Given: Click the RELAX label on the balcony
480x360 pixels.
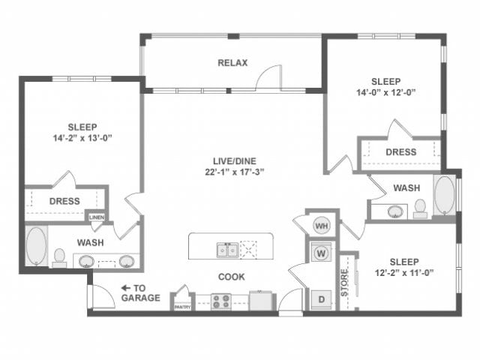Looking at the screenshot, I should (x=232, y=63).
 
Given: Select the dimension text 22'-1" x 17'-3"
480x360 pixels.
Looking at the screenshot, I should (x=232, y=172).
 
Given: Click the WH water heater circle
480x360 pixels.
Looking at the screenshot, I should (x=322, y=226).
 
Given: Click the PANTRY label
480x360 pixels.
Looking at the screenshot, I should (x=182, y=307).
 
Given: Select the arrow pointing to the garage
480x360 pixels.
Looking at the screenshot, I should (x=127, y=287).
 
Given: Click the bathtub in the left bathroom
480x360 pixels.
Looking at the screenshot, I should (x=36, y=245).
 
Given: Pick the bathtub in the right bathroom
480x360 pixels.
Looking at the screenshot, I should (x=444, y=196).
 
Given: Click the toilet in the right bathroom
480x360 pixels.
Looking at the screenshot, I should (x=420, y=207).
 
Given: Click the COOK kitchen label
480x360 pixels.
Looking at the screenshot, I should (x=232, y=277).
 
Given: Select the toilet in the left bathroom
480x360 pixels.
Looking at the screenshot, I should (x=59, y=257).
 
